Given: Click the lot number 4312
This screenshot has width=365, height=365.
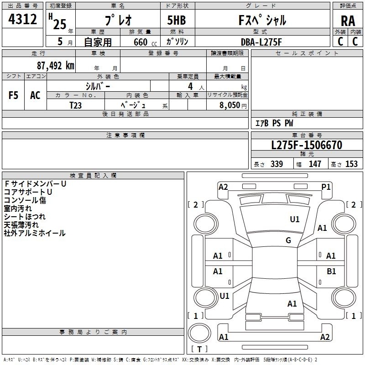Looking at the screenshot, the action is tap(22, 19).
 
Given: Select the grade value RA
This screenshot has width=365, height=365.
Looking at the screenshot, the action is tap(348, 21).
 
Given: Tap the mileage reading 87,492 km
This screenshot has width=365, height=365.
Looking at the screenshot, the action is tap(55, 66).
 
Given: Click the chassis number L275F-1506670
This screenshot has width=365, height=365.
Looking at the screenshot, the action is tap(307, 145).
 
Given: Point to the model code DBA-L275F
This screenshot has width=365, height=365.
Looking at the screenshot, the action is tap(261, 42).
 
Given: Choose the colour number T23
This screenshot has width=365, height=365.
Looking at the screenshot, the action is tap(75, 105).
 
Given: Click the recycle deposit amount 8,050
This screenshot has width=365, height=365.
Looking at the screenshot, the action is tap(229, 105).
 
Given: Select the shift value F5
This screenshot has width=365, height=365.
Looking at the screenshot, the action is tap(13, 95).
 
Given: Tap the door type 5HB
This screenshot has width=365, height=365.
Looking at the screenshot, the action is tap(177, 20).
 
